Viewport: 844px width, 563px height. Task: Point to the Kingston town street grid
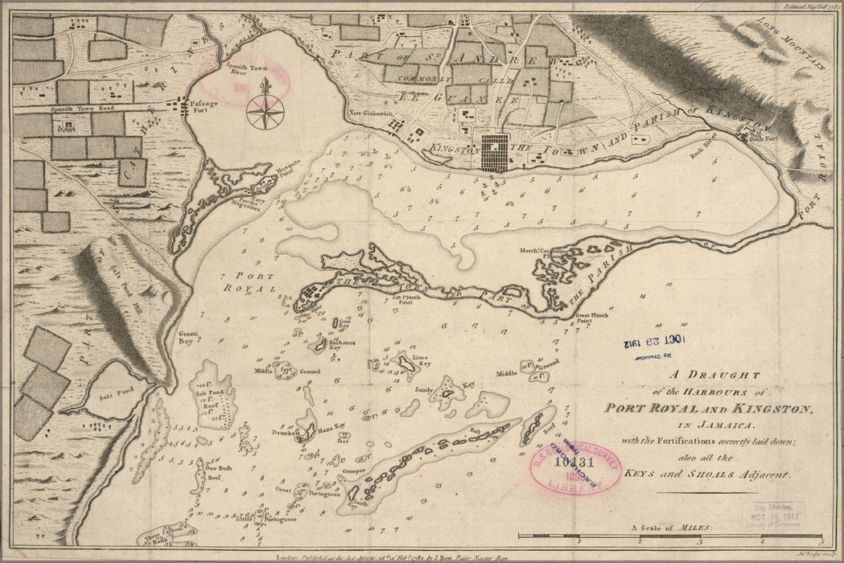click(494, 152)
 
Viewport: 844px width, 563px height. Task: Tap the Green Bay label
click(187, 335)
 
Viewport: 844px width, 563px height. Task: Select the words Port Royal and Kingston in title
click(708, 409)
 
